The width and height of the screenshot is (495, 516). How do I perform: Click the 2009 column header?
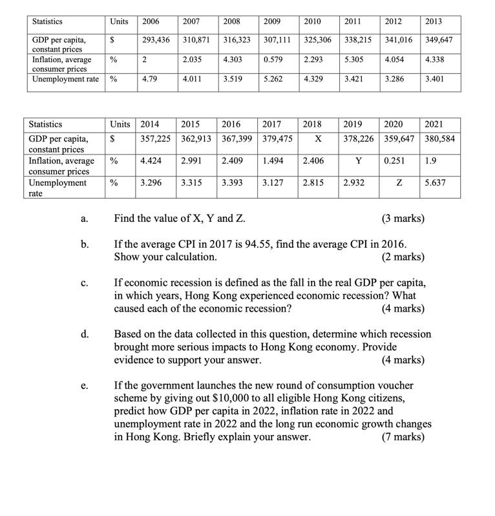273,21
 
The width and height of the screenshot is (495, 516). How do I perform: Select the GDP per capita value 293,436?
156,39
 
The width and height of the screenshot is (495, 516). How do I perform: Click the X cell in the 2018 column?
317,137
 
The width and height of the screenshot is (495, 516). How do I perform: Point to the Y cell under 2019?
358,160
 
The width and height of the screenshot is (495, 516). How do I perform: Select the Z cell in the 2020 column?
400,183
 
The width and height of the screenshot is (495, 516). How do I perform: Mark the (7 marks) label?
403,437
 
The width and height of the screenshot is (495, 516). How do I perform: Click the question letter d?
85,334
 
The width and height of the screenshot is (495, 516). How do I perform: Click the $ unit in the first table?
113,39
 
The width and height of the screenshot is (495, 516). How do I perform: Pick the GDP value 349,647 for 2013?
439,39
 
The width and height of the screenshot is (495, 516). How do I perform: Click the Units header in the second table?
120,123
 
